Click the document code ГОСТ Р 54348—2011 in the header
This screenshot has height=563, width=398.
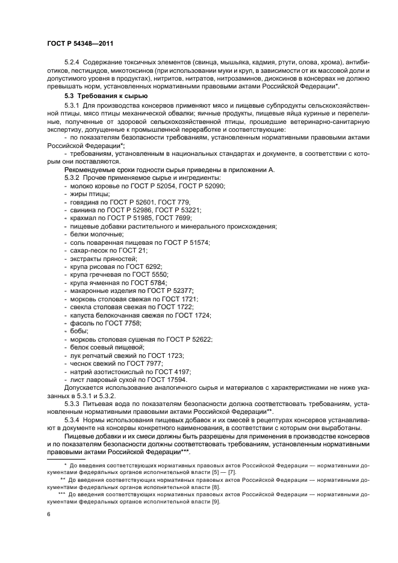pos(79,44)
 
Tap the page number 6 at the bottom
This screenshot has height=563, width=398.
pos(49,515)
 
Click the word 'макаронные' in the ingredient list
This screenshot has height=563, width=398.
pos(88,291)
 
